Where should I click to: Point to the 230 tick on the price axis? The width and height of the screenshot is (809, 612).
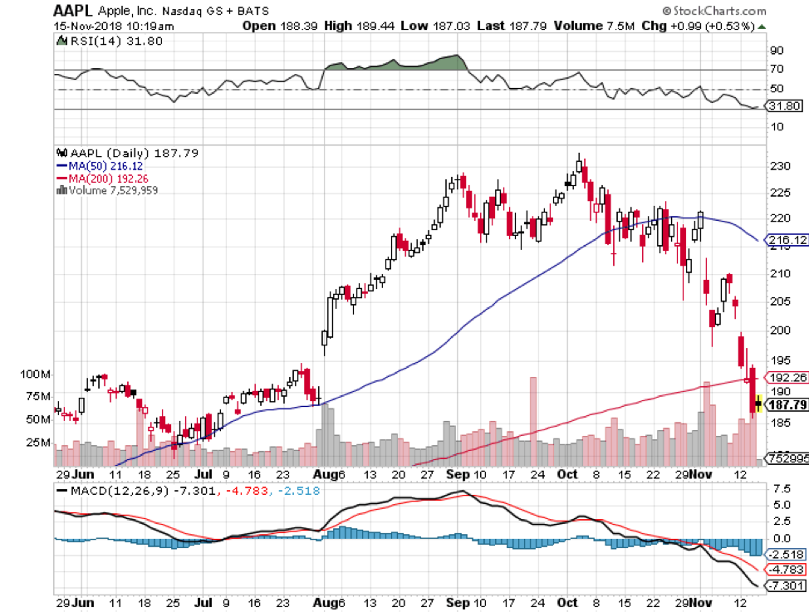778,166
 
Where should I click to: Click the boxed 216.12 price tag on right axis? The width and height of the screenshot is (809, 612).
787,239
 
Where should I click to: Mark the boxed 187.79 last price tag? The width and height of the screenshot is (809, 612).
787,405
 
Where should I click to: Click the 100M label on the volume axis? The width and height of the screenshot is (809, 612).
36,375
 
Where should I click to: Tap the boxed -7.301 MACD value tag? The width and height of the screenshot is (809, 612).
785,587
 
